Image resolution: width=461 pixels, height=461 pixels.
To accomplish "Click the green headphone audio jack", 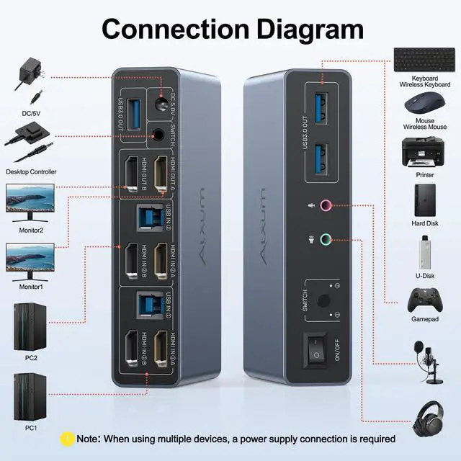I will [x=326, y=240].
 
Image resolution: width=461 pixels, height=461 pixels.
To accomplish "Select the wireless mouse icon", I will [x=424, y=104].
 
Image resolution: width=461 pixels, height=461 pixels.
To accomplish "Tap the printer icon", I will [x=424, y=151].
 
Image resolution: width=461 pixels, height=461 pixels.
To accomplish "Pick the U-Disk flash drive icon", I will [x=424, y=251].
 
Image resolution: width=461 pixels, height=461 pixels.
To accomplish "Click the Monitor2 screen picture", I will [x=30, y=198].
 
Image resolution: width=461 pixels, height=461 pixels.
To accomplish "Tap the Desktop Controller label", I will [x=30, y=172].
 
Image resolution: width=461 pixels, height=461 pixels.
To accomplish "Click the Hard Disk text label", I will [x=424, y=223].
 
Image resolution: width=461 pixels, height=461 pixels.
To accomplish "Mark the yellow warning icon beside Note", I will [x=67, y=437].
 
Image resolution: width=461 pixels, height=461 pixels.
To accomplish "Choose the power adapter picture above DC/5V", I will [x=30, y=70].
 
